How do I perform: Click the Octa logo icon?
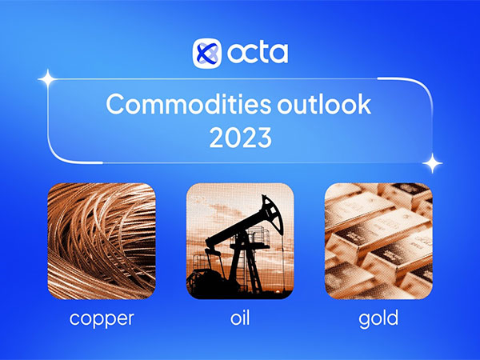(206, 54)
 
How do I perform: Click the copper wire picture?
(101, 240)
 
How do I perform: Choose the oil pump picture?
(240, 240)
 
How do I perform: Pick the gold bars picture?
(378, 240)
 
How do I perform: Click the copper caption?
(101, 319)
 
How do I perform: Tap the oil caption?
(240, 318)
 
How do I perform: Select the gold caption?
(378, 319)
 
